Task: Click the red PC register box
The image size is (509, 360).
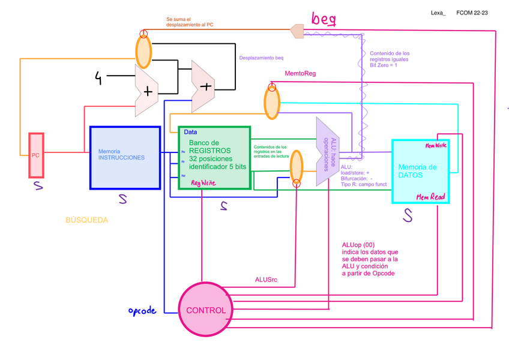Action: tap(36, 155)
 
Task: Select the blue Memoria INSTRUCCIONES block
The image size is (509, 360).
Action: tap(125, 158)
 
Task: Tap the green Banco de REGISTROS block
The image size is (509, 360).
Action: tap(215, 158)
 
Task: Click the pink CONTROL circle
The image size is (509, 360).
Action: tap(206, 310)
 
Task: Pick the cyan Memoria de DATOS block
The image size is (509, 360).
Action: tap(426, 171)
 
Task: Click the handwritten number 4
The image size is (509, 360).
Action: tap(98, 77)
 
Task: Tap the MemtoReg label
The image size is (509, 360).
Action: tap(300, 74)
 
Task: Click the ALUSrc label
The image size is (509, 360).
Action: tap(267, 280)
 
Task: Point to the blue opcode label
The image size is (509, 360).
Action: tap(142, 311)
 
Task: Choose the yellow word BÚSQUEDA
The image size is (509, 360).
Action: tap(86, 220)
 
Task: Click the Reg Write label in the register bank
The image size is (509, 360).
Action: tap(203, 182)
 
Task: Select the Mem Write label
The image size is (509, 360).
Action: tap(435, 146)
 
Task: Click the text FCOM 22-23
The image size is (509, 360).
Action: tap(472, 13)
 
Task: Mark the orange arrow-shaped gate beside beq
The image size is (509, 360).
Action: tap(297, 31)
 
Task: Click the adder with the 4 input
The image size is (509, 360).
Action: tap(147, 91)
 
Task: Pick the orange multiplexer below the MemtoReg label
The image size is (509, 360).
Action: tap(272, 102)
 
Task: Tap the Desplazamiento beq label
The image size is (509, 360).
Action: tap(261, 58)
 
